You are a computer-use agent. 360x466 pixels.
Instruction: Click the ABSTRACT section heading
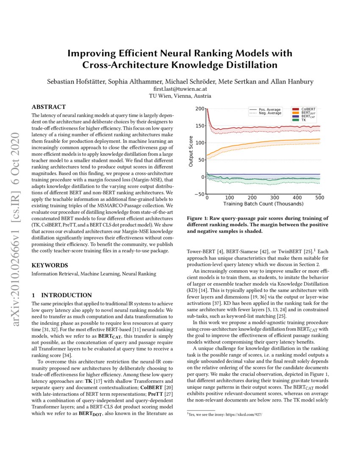click(49, 107)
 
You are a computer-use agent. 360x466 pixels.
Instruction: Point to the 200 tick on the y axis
click(199, 109)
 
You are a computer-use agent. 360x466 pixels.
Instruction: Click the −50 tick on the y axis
click(198, 194)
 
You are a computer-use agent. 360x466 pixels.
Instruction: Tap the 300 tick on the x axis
click(275, 198)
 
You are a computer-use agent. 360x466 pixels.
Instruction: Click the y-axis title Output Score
click(191, 151)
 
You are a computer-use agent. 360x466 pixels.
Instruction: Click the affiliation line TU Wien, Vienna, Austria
click(180, 96)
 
